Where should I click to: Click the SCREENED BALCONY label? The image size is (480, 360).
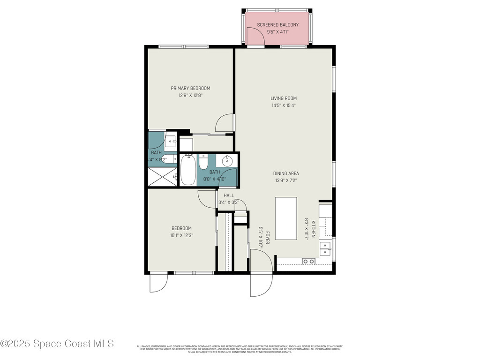coord(277,25)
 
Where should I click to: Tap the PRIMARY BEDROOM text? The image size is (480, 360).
coord(190,88)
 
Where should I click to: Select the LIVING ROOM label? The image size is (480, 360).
coord(284,98)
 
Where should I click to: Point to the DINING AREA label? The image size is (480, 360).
coord(286,173)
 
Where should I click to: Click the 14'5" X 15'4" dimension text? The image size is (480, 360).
coord(284,105)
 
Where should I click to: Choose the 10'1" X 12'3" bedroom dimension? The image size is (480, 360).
coord(181,235)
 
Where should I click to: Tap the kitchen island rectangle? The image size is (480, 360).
coord(285,218)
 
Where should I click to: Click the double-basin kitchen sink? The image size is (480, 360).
coord(325,248)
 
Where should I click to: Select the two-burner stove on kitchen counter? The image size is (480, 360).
coord(308,261)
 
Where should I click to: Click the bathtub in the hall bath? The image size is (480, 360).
coord(188,170)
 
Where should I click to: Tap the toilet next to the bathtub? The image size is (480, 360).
coord(203,162)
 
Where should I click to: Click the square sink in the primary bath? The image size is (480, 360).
coord(171,139)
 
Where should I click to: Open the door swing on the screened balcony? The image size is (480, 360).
coord(256,37)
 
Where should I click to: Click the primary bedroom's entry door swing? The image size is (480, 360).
coord(225,123)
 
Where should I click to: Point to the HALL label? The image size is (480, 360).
coord(229,195)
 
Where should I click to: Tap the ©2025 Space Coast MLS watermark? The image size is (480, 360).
coord(57,344)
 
